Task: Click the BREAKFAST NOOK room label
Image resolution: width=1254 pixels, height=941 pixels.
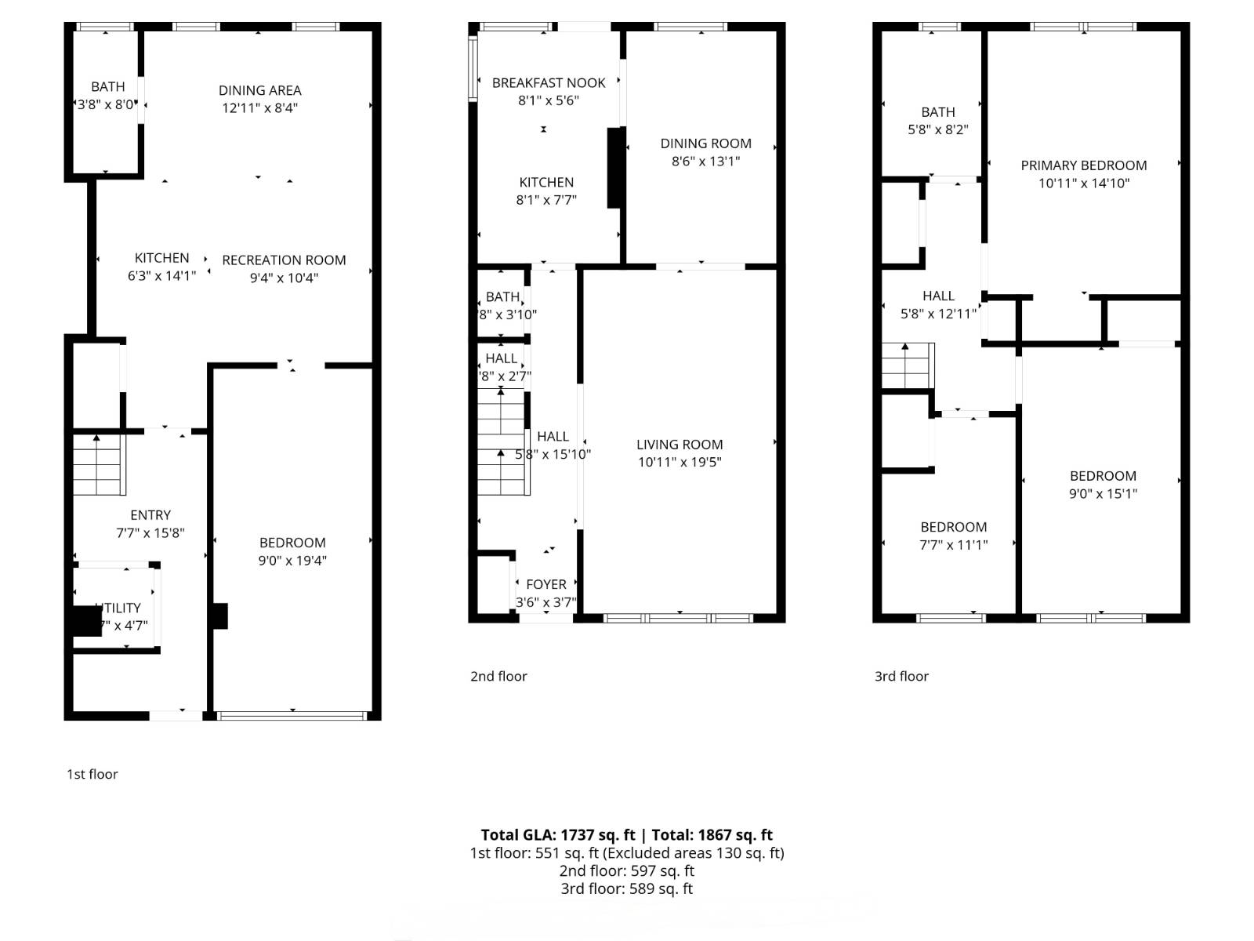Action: [x=549, y=82]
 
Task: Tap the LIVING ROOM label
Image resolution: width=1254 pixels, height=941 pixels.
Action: [x=680, y=445]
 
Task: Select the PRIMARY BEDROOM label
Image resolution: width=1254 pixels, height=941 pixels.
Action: [x=1084, y=165]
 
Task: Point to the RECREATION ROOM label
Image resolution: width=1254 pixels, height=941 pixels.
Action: [x=284, y=260]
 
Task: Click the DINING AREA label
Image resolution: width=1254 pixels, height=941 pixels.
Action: [x=260, y=90]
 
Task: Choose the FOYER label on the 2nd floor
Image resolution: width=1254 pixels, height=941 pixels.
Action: [x=546, y=584]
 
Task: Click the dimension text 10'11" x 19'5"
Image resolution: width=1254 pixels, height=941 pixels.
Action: [x=680, y=463]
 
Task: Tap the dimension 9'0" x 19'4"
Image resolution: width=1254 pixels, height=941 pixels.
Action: [x=292, y=561]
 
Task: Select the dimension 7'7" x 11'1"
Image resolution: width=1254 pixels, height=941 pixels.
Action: [x=954, y=545]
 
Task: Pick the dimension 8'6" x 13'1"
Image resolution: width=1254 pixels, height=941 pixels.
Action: [x=705, y=162]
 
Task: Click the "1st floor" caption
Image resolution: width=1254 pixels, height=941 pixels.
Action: [x=92, y=774]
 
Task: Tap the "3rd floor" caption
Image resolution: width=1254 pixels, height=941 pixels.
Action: [x=901, y=676]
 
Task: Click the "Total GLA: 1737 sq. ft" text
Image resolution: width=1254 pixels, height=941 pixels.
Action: [x=558, y=835]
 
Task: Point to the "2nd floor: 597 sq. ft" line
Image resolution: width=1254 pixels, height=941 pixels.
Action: [x=626, y=871]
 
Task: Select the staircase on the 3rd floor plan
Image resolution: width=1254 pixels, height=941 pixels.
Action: [x=908, y=366]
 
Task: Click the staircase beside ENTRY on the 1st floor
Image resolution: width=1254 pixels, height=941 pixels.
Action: [x=100, y=465]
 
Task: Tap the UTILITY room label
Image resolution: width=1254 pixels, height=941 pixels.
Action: [x=120, y=608]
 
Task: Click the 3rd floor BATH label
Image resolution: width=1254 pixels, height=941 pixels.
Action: [x=938, y=112]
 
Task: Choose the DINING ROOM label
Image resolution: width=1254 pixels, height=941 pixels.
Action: [x=705, y=144]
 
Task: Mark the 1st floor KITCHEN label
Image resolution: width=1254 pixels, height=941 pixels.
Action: [x=161, y=258]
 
